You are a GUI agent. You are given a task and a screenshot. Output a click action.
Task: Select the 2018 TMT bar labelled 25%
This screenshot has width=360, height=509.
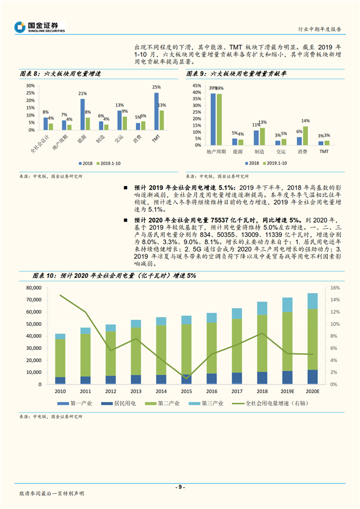156,111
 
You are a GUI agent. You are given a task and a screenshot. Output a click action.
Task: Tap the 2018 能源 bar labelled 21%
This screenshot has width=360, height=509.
83,114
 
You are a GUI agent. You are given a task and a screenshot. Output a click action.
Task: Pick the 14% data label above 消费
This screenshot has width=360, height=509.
305,121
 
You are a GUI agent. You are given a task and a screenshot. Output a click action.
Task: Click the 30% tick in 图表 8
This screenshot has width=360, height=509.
30,86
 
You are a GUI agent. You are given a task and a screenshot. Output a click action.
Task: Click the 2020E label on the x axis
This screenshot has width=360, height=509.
313,391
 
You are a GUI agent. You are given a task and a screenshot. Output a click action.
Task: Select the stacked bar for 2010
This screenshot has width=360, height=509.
60,359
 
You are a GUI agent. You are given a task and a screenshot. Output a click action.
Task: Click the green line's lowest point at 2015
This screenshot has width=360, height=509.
187,378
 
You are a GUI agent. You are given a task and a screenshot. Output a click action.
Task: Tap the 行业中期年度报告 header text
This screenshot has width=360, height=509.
320,28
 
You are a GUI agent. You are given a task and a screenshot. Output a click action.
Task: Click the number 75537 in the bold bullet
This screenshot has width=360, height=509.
223,220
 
